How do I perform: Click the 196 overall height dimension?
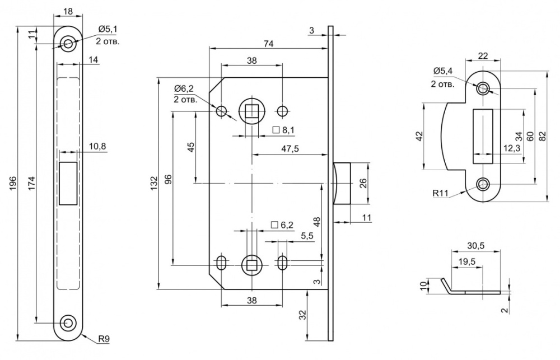[x=12, y=183]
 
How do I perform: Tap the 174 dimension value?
[x=31, y=183]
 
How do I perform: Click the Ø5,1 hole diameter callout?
[x=108, y=29]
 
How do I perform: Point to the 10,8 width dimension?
[x=97, y=147]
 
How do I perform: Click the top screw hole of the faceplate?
[x=69, y=43]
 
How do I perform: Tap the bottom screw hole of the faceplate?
[x=69, y=322]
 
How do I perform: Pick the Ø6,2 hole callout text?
[x=184, y=88]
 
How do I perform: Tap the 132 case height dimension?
[x=154, y=183]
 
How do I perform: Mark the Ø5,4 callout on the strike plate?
[x=444, y=71]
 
